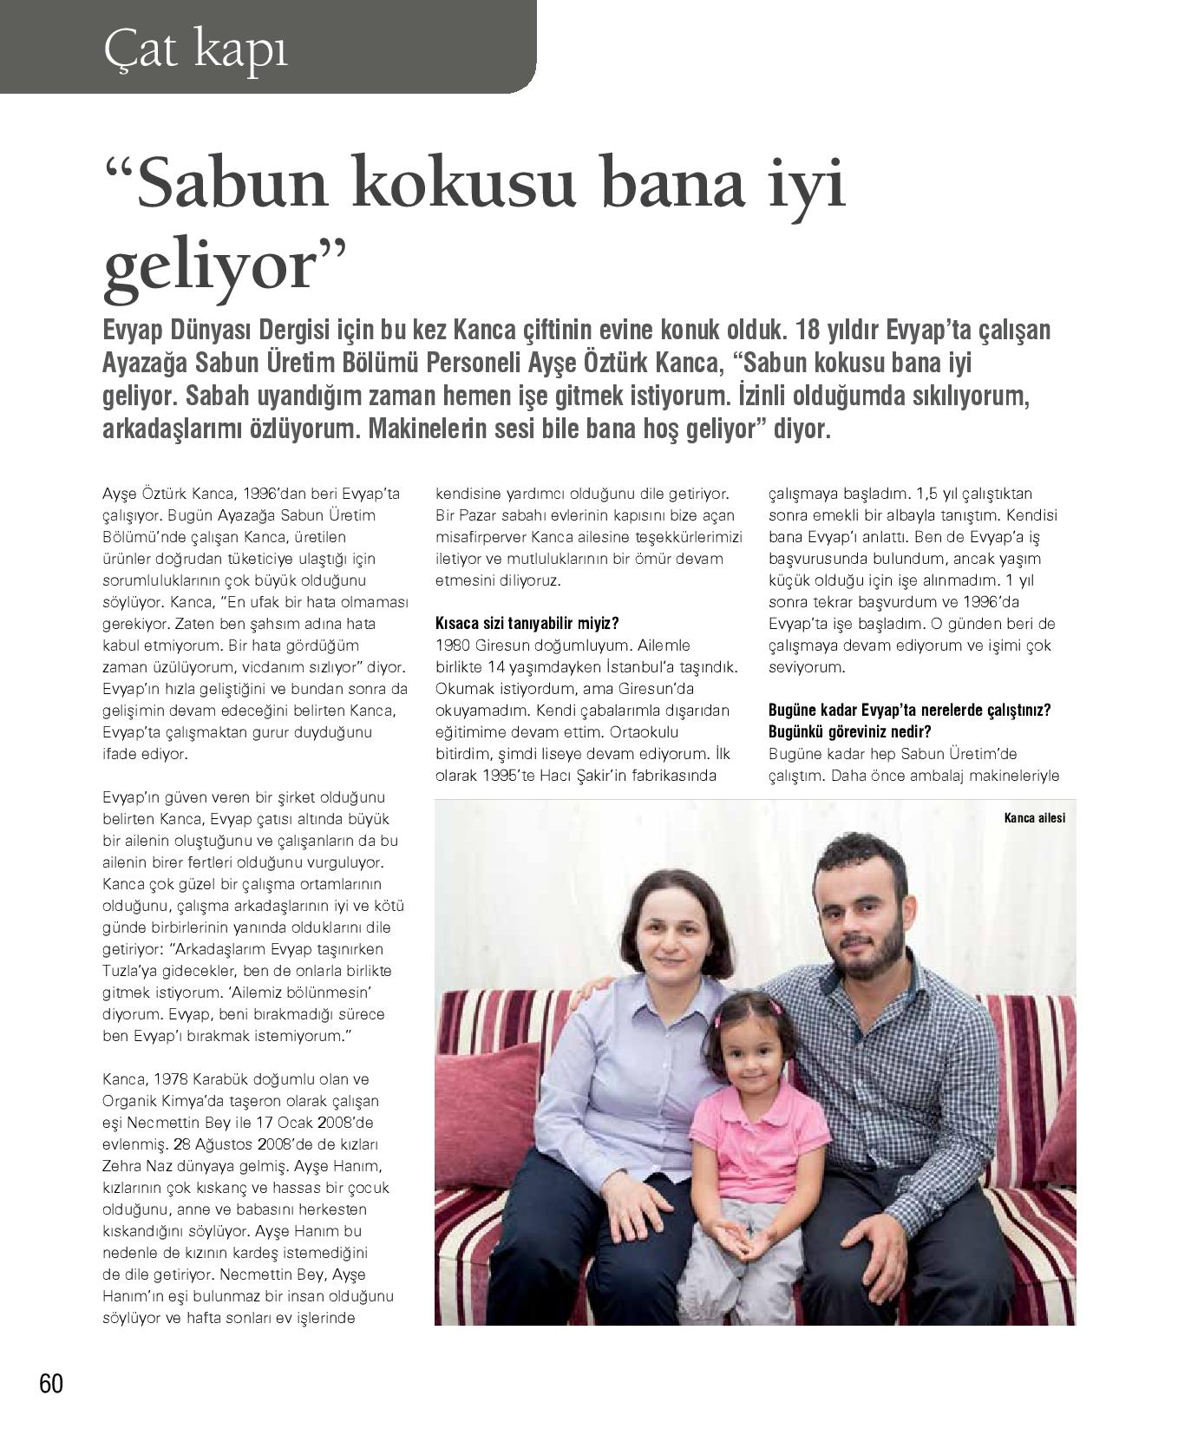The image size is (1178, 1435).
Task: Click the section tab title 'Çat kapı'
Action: [x=195, y=49]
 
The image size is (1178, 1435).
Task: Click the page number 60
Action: [x=51, y=1383]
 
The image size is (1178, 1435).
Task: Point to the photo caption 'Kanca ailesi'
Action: [x=1034, y=817]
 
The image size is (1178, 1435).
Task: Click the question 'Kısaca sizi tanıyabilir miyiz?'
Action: [x=527, y=623]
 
